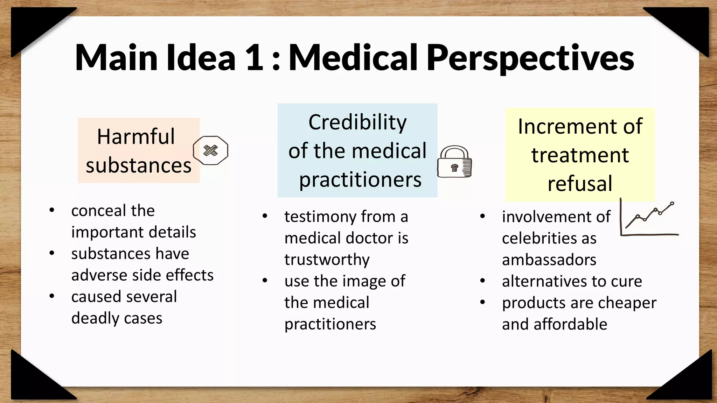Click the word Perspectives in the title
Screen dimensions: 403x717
[530, 58]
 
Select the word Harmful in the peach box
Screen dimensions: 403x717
[136, 136]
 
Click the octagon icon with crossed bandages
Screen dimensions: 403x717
[210, 150]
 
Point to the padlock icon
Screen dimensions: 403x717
[454, 162]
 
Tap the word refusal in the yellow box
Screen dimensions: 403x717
[580, 183]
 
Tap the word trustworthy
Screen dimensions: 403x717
[327, 260]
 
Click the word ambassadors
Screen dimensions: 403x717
[549, 260]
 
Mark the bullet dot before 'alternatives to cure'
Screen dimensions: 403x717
[482, 281]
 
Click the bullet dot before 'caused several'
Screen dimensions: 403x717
[52, 296]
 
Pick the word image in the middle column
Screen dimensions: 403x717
[356, 281]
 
